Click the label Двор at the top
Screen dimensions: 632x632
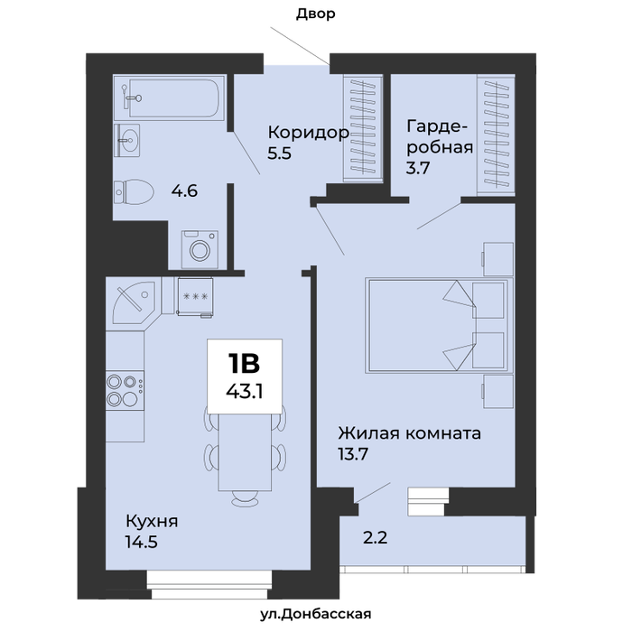point(316,14)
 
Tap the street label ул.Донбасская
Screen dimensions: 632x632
point(315,614)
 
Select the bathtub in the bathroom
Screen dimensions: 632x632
point(169,98)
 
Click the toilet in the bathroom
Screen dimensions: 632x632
point(134,191)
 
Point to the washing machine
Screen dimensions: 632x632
point(200,249)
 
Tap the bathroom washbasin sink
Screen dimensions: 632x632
point(127,140)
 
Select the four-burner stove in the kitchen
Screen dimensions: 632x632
point(125,390)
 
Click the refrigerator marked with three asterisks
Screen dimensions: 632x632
point(195,297)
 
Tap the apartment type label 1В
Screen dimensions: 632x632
point(245,363)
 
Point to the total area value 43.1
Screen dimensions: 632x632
point(245,391)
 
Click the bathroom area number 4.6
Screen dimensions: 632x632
point(184,191)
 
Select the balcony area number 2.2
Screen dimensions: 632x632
point(376,537)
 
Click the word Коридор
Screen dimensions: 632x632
point(309,133)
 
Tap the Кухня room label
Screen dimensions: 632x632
point(152,521)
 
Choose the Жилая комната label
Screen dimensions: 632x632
point(410,433)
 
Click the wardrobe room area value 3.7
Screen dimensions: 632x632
point(418,167)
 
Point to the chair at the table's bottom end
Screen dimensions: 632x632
point(245,499)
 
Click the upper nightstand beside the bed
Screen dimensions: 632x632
point(497,259)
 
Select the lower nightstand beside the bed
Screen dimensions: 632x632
point(497,392)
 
